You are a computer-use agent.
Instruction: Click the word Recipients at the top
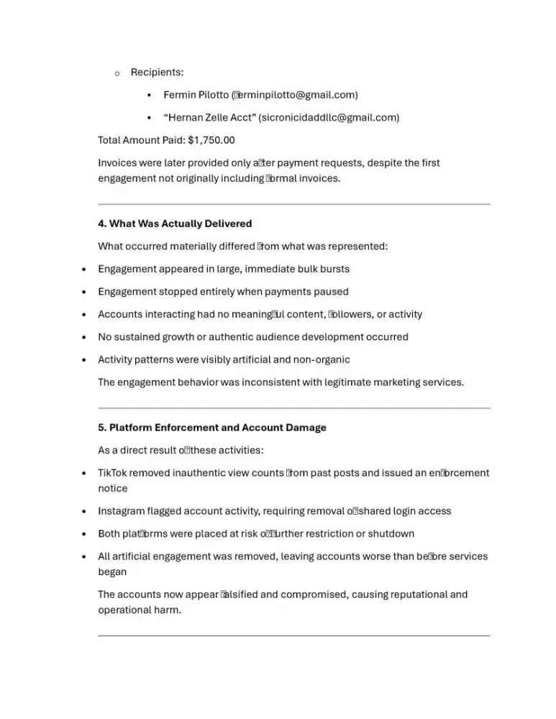(x=157, y=73)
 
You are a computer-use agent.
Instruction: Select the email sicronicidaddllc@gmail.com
(x=328, y=117)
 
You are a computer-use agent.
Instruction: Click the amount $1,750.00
(x=211, y=140)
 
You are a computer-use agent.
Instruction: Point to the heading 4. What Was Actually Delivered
(x=175, y=224)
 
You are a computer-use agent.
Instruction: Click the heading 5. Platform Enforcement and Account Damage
(x=212, y=428)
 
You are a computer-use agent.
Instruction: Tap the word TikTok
(x=113, y=473)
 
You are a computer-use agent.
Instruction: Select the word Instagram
(x=121, y=511)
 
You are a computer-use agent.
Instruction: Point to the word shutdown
(x=389, y=534)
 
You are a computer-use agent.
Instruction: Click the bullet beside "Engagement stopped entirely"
(x=85, y=292)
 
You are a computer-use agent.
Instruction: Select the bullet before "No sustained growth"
(x=85, y=337)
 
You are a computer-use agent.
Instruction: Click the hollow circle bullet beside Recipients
(x=117, y=73)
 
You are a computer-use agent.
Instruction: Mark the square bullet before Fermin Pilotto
(x=149, y=96)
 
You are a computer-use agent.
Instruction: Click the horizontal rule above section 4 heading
(x=293, y=204)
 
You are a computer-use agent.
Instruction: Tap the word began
(x=112, y=572)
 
